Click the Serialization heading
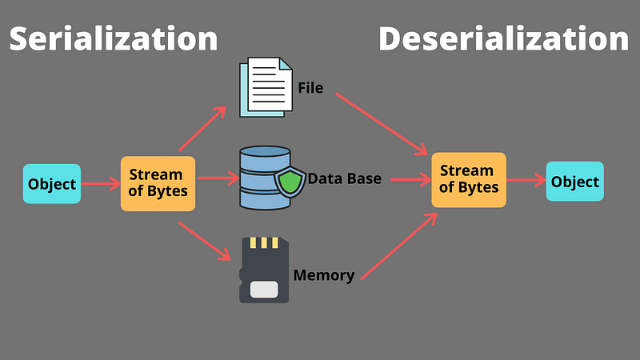pos(113,38)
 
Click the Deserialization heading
pos(503,38)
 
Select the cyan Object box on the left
pos(52,184)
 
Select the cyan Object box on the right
pos(574,181)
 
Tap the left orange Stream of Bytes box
pos(158,183)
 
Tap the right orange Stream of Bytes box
pos(469,179)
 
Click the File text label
pos(310,88)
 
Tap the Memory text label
pos(323,276)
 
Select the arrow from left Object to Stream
pos(100,184)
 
